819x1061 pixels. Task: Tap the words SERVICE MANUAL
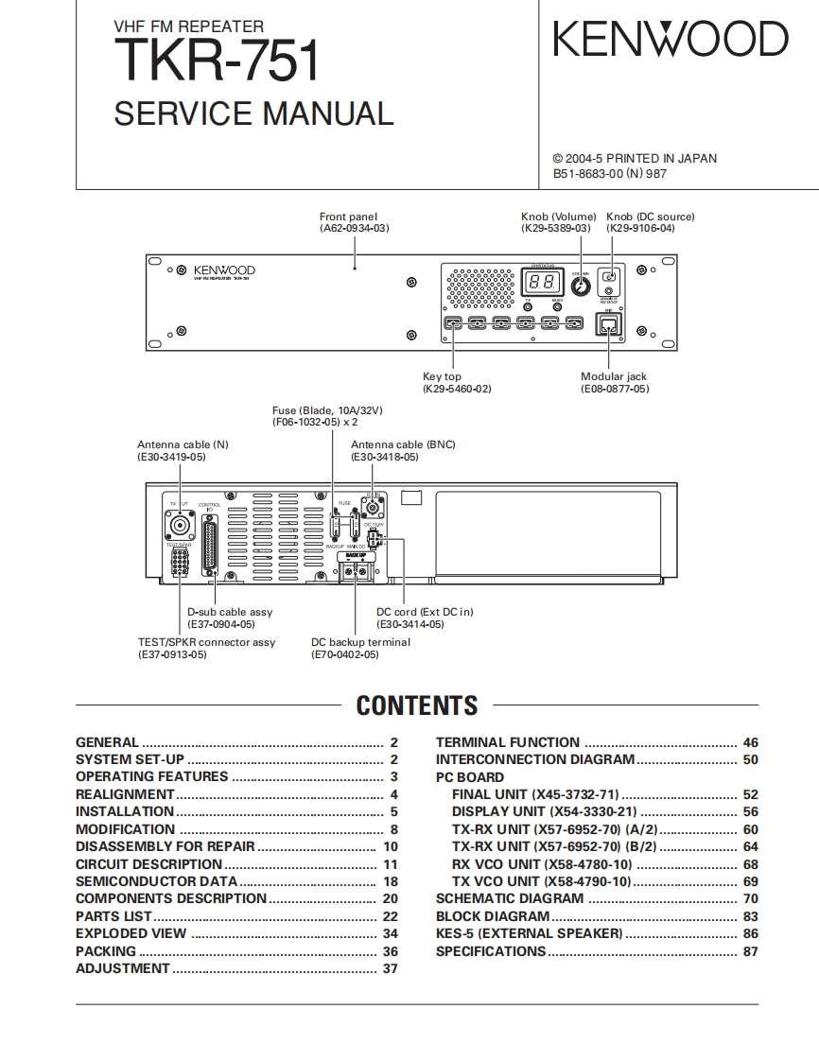pyautogui.click(x=253, y=114)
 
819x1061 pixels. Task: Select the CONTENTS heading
pyautogui.click(x=417, y=706)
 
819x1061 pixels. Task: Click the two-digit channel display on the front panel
pyautogui.click(x=542, y=282)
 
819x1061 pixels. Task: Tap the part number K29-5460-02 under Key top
pyautogui.click(x=457, y=389)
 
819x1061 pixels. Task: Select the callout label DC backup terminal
pyautogui.click(x=361, y=642)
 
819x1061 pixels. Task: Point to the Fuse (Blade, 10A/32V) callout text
pyautogui.click(x=327, y=410)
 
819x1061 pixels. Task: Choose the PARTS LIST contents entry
pyautogui.click(x=113, y=916)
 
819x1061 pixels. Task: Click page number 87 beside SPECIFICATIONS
pyautogui.click(x=751, y=951)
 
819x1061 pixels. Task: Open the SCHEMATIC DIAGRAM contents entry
pyautogui.click(x=510, y=899)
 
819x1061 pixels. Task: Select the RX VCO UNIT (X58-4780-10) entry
pyautogui.click(x=542, y=864)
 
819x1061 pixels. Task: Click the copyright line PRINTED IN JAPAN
pyautogui.click(x=635, y=159)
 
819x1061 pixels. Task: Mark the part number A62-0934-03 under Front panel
pyautogui.click(x=354, y=228)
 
